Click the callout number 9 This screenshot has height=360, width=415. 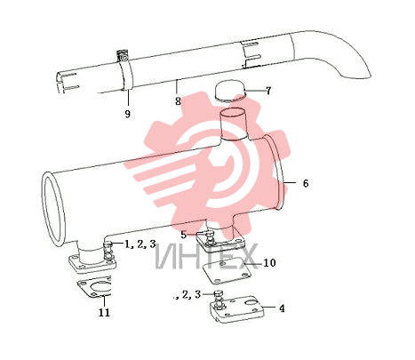tap(127, 114)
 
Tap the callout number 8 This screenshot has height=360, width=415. tap(178, 101)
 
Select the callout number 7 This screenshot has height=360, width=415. tap(268, 91)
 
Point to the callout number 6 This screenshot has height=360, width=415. tap(306, 183)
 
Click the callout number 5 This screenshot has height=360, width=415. tap(184, 235)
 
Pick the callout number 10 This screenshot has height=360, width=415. tap(269, 262)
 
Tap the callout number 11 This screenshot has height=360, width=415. tap(104, 312)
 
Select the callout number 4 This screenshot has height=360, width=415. tap(282, 308)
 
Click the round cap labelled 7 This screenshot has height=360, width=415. tap(230, 92)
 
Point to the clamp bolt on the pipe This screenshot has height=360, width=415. tap(124, 56)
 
